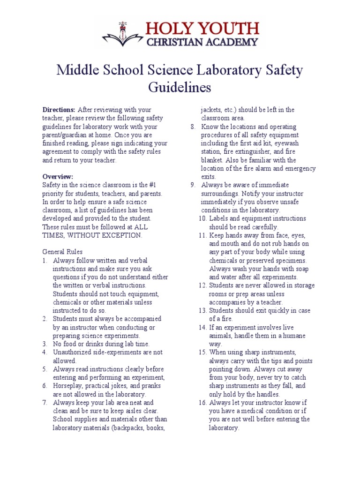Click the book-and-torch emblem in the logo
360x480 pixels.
(123, 34)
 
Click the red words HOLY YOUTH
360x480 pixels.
(203, 28)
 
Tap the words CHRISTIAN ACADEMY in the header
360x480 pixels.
(202, 42)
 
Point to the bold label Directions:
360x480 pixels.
(59, 110)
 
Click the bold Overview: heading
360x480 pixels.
(58, 177)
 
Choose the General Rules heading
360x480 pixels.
(62, 252)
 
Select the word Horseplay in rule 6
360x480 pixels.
(67, 386)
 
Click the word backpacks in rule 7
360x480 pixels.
(136, 427)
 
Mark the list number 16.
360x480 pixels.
(202, 403)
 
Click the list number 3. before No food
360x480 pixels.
(45, 344)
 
